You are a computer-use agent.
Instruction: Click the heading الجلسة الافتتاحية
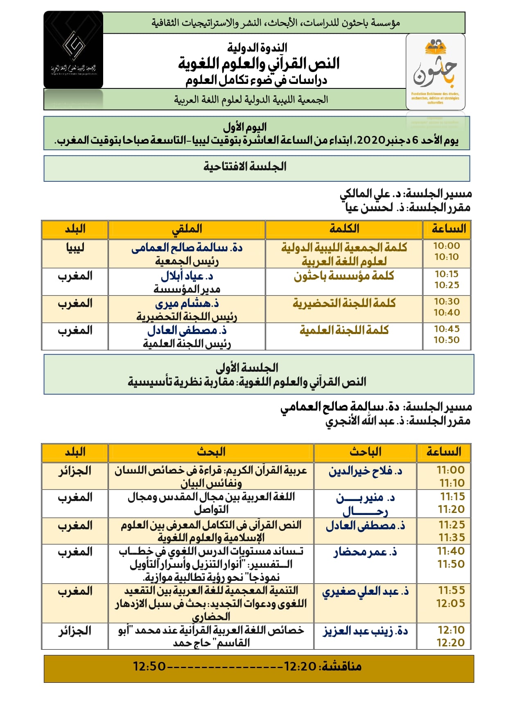click(245, 167)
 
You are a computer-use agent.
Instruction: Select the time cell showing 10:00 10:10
click(447, 251)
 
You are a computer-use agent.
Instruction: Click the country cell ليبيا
click(75, 248)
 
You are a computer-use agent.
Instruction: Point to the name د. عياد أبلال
click(187, 276)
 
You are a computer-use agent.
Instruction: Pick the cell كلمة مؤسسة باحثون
click(344, 276)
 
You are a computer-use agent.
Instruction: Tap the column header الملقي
click(187, 229)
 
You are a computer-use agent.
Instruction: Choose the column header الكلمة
click(344, 229)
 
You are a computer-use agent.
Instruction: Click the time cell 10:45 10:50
click(447, 334)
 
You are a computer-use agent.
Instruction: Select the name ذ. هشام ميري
click(187, 304)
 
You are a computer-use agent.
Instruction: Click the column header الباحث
click(365, 452)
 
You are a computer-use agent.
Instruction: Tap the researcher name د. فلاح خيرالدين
click(365, 471)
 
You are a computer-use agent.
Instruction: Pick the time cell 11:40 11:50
click(451, 558)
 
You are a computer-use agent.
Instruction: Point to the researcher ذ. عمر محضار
click(365, 552)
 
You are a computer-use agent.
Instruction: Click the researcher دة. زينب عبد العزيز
click(365, 631)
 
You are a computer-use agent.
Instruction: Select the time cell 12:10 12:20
click(451, 636)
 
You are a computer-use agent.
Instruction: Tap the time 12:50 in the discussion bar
click(149, 667)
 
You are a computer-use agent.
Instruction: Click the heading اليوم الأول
click(245, 127)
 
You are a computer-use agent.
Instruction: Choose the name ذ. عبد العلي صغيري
click(365, 592)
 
